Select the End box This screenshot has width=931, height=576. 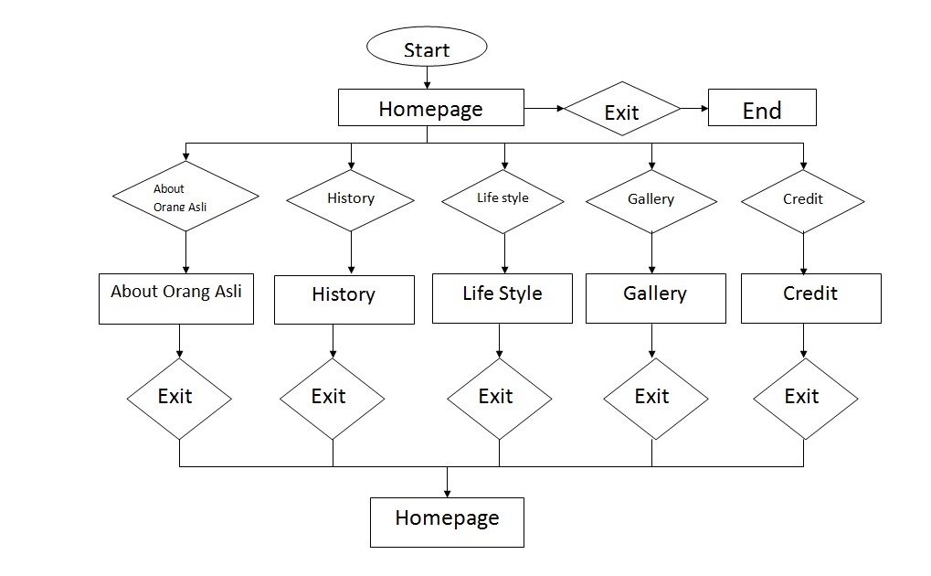tap(762, 110)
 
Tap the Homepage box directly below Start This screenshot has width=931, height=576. tap(430, 108)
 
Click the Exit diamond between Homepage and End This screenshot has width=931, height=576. tap(621, 111)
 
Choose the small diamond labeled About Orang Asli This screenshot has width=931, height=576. tap(185, 197)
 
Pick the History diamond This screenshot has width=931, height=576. tap(351, 198)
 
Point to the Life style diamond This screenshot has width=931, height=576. tap(503, 199)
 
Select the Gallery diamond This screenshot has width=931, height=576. tap(651, 199)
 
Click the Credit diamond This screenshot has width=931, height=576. tap(802, 199)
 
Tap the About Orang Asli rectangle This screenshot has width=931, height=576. tap(176, 299)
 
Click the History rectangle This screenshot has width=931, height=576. tap(344, 299)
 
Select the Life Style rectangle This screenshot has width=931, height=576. tap(502, 298)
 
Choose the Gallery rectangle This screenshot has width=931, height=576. tap(655, 298)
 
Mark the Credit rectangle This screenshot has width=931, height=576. tap(810, 298)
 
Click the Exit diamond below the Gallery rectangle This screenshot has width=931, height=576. tap(651, 397)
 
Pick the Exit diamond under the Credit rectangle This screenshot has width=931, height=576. tap(805, 398)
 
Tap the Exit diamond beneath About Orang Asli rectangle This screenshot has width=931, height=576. tap(178, 397)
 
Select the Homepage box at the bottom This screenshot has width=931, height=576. tap(447, 522)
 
